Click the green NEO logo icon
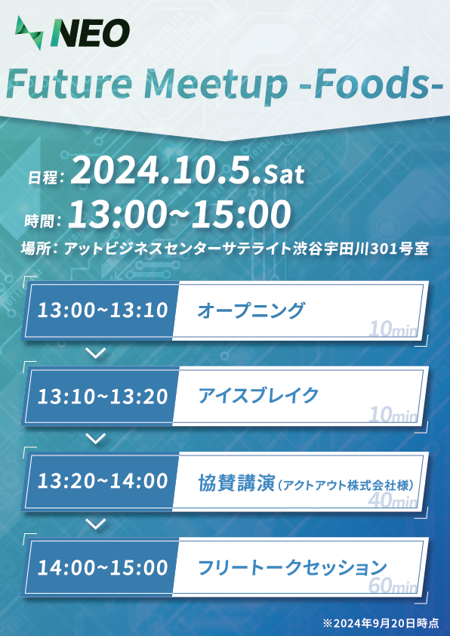click(x=29, y=32)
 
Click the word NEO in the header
click(x=90, y=33)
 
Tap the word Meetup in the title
click(x=216, y=84)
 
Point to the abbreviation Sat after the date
click(x=284, y=174)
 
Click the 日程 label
click(x=42, y=178)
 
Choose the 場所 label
click(x=36, y=248)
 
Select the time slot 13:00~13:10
click(x=103, y=310)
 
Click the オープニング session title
click(x=251, y=310)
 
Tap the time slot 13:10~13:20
click(x=103, y=396)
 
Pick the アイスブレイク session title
click(x=258, y=396)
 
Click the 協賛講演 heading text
click(x=236, y=482)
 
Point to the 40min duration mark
click(x=393, y=501)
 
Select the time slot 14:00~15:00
click(x=103, y=567)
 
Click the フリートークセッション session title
click(x=292, y=567)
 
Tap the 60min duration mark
click(x=393, y=586)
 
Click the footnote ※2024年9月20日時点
click(x=381, y=622)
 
